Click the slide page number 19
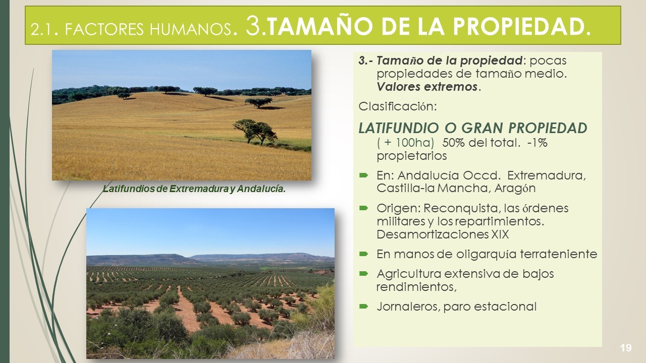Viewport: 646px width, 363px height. click(625, 348)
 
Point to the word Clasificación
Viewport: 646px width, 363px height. click(398, 106)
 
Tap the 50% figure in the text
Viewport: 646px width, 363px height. click(453, 143)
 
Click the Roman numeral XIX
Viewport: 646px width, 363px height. click(500, 234)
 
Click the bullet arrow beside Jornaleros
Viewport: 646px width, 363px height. click(364, 306)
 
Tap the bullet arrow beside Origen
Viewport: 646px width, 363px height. click(364, 208)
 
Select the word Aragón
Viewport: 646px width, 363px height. click(515, 189)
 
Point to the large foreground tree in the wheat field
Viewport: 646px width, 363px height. click(255, 132)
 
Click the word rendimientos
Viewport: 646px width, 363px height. click(416, 287)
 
